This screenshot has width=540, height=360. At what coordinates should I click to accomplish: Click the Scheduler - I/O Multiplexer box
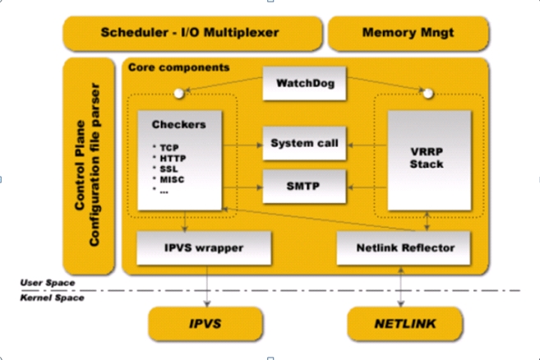coord(192,34)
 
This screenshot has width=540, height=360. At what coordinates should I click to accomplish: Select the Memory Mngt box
coord(408,34)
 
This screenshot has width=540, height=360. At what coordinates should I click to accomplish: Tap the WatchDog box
coord(304,83)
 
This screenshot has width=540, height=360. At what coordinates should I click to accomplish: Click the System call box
coord(304,143)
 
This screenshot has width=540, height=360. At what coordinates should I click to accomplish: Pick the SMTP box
coord(304,187)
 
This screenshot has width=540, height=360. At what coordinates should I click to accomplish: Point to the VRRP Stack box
coord(429,160)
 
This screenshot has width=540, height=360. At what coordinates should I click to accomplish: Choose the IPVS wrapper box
coord(204,248)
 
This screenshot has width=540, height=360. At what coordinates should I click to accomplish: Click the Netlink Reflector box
coord(404,248)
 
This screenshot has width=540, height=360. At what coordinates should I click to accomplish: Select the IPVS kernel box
coord(205,324)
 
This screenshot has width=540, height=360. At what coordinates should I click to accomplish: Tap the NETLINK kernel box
coord(405,324)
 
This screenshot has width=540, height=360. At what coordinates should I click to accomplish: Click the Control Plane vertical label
coord(80,165)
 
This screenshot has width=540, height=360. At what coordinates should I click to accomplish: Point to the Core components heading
coord(178,67)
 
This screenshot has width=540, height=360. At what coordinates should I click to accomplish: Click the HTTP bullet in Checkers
coord(173,159)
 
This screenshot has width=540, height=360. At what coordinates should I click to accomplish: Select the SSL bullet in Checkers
coord(168,169)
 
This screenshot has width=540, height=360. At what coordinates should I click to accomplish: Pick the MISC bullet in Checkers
coord(172,180)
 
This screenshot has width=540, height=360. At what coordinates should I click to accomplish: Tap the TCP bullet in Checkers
coord(169,148)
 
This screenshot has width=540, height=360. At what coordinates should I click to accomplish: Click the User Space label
coord(48,283)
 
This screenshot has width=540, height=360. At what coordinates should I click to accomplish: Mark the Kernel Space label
coord(52,298)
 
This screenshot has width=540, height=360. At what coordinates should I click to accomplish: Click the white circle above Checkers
coord(178,94)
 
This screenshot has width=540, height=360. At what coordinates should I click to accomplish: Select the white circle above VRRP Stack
coord(427,94)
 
